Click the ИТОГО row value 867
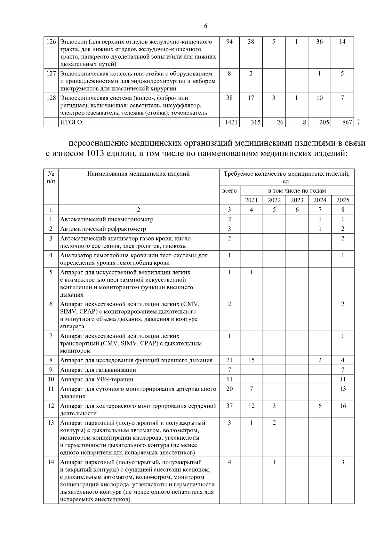(347, 122)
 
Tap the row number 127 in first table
(51, 73)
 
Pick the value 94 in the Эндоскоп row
(229, 42)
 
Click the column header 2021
(251, 200)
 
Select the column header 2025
(342, 200)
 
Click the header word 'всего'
(229, 191)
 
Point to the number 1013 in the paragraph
(96, 153)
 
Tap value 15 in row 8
(251, 360)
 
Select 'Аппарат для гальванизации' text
(98, 370)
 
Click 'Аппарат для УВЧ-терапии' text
(97, 379)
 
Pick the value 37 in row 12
(229, 406)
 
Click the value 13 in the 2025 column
(342, 389)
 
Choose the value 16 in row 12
(342, 406)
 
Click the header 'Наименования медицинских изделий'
(139, 174)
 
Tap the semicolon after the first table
(359, 122)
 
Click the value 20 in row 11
(229, 389)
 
